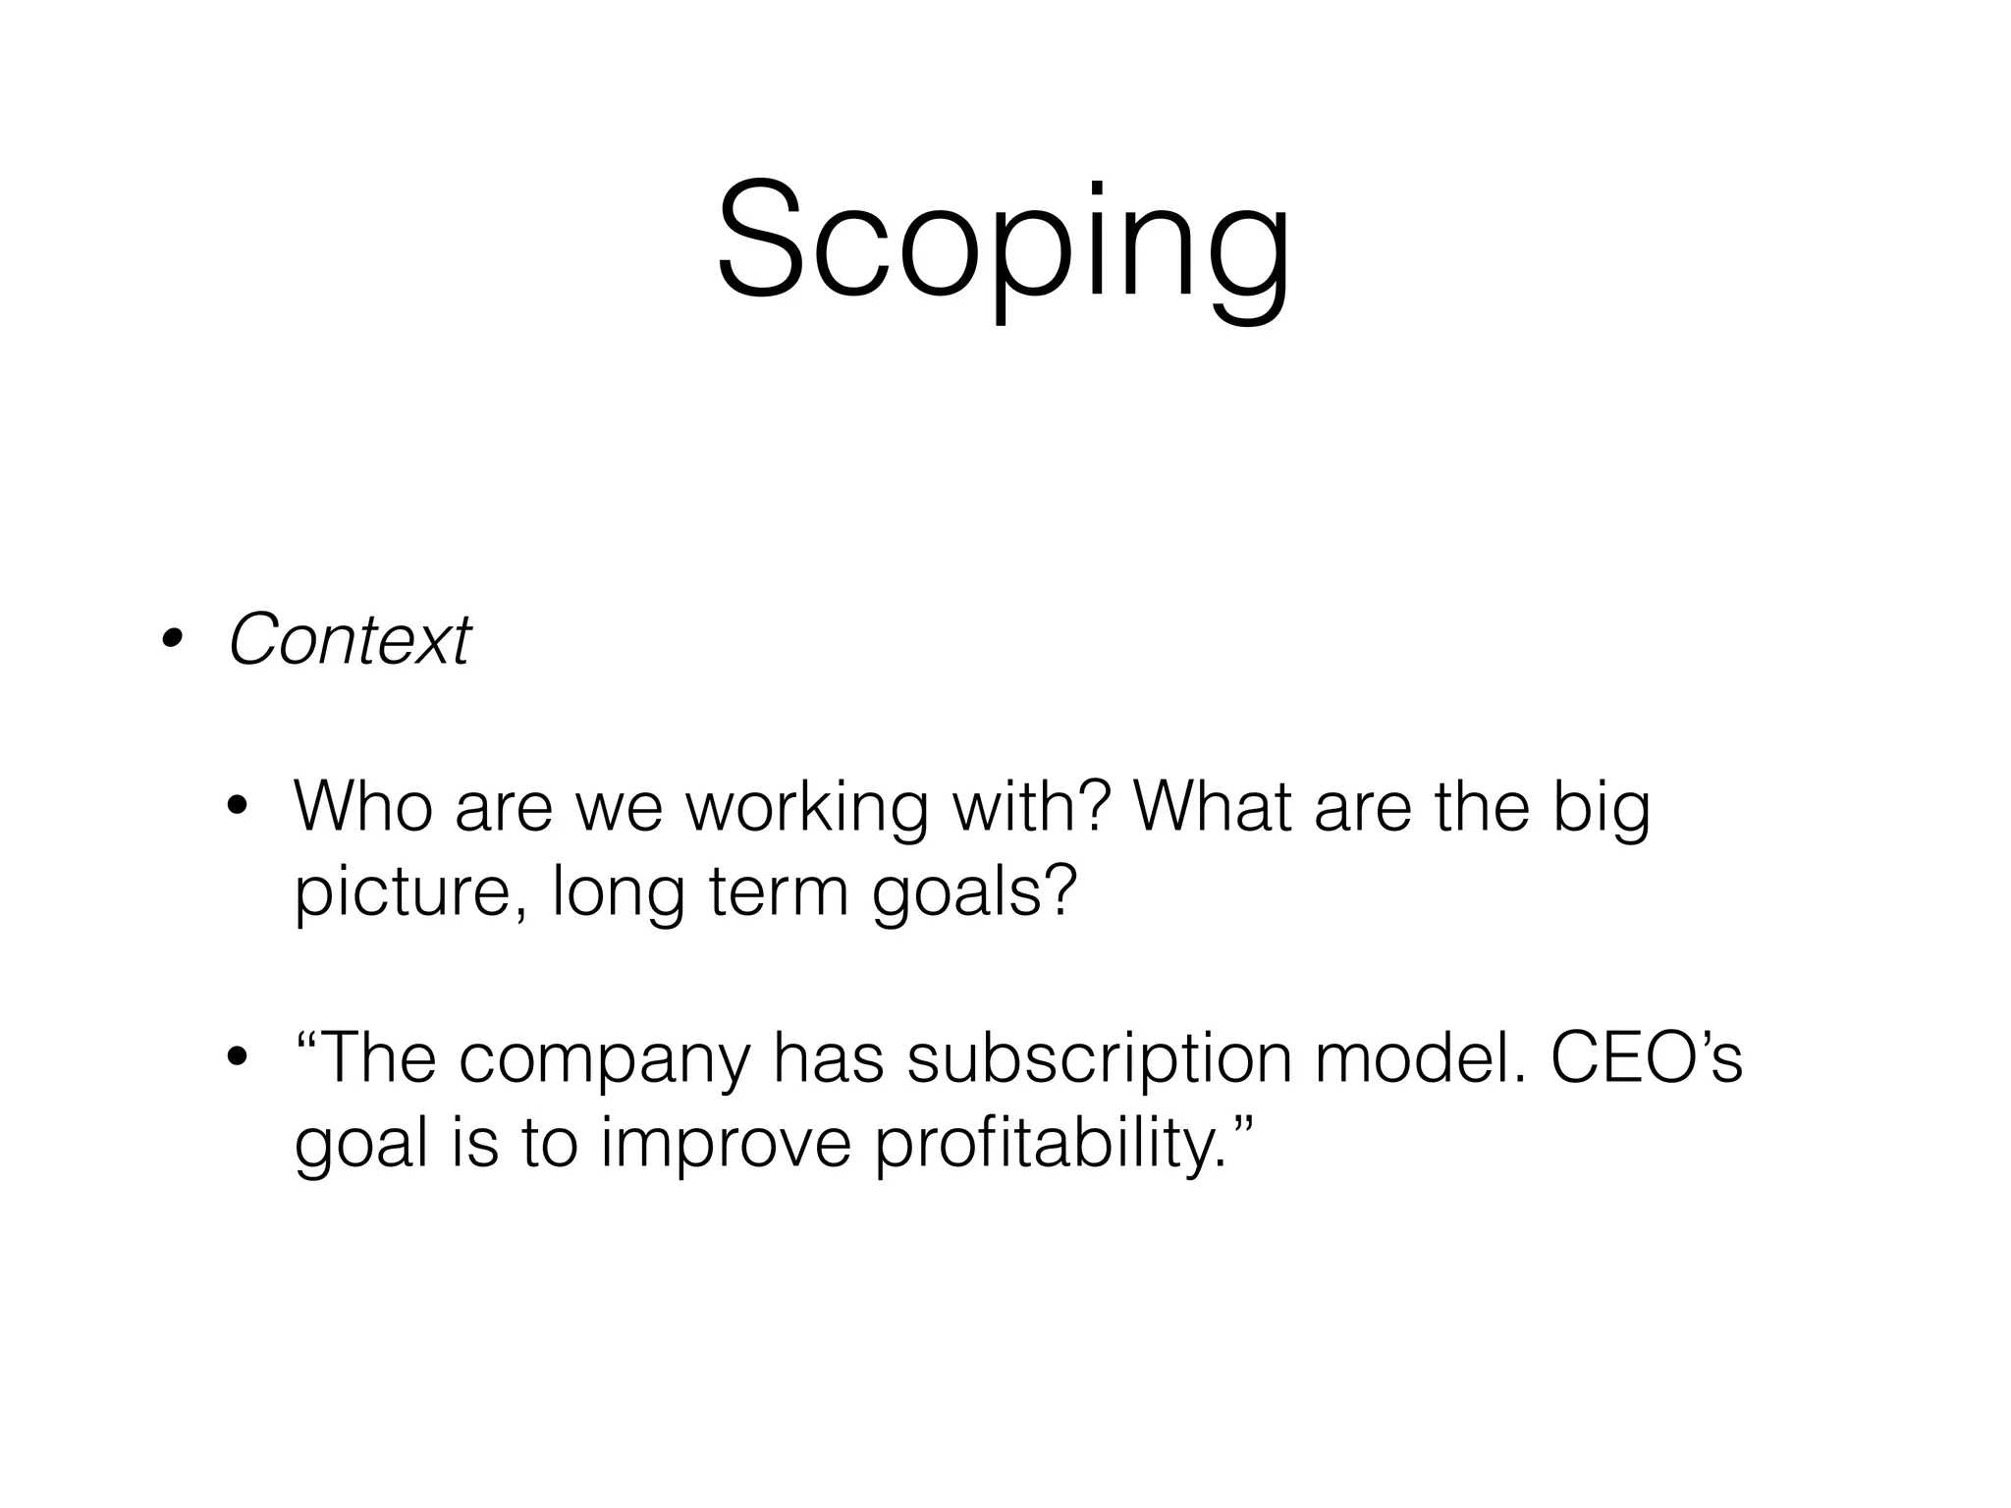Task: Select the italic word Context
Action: (x=350, y=640)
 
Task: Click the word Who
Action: (x=363, y=807)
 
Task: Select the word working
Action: (x=805, y=809)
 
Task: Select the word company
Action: (x=603, y=1062)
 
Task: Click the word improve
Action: (x=725, y=1147)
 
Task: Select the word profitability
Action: (x=1051, y=1147)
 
